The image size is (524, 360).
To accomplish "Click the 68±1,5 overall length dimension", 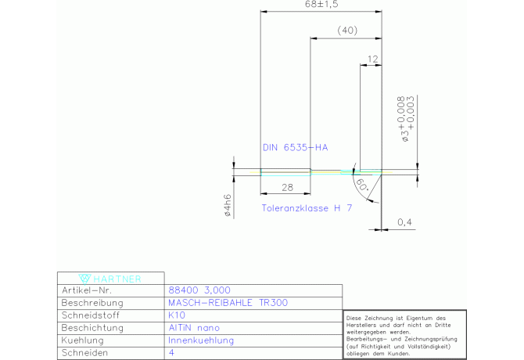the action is (321, 4).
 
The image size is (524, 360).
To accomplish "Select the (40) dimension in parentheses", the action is (347, 31).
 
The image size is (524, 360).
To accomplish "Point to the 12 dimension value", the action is (373, 59).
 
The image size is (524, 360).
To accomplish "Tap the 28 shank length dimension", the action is (287, 188).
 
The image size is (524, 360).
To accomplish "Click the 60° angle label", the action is (362, 185).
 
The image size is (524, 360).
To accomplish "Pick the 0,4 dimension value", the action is (404, 222).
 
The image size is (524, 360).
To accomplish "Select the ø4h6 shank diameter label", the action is (228, 205).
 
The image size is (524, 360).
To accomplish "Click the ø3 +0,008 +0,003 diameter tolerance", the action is (406, 119).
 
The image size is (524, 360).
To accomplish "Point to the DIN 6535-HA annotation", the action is (296, 147).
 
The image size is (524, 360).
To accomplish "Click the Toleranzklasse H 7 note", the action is (307, 208).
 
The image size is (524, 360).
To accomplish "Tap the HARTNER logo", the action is (110, 279).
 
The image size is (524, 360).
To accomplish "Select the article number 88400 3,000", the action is (199, 290).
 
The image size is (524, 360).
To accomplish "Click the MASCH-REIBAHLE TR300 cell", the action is (228, 303).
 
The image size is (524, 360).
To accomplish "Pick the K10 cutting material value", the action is (177, 315).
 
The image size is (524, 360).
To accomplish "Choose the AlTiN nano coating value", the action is (194, 328).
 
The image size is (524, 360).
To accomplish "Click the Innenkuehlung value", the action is (201, 340).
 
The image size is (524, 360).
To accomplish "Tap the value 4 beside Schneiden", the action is (171, 352).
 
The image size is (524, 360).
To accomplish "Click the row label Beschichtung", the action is (92, 328).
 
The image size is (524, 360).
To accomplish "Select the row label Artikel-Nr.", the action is (87, 290).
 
